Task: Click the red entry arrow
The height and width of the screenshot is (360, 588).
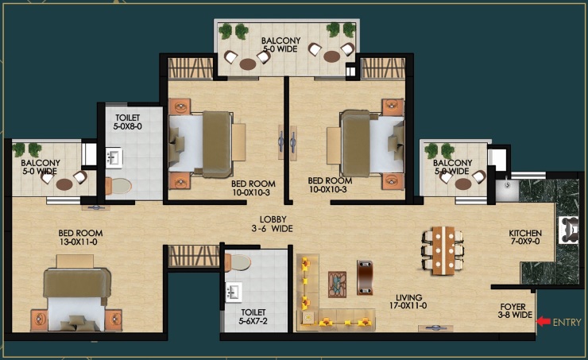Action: point(544,321)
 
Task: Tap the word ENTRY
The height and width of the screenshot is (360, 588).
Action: point(567,322)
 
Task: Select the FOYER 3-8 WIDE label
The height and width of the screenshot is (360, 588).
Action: point(515,311)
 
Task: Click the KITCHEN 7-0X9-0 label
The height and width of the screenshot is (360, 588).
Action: point(525,237)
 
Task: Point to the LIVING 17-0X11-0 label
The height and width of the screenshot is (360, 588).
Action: point(408,301)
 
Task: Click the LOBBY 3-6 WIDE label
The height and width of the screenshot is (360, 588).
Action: point(273,224)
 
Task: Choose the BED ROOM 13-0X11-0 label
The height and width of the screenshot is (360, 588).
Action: point(80,238)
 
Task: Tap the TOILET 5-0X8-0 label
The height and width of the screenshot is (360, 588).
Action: point(127,122)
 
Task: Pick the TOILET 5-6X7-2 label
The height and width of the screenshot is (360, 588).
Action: point(253,316)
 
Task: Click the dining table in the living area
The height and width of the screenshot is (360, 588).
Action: point(443,250)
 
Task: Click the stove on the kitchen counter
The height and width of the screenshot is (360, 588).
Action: point(569,230)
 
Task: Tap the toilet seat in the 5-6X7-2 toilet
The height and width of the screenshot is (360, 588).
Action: point(238,262)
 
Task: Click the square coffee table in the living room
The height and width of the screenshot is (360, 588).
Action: point(337,285)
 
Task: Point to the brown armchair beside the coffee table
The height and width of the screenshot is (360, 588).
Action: point(365,277)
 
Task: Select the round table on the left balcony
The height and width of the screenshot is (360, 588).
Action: point(64,184)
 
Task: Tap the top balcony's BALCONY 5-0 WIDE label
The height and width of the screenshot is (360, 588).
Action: point(280,45)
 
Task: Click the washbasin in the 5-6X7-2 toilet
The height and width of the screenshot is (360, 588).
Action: point(234,292)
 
